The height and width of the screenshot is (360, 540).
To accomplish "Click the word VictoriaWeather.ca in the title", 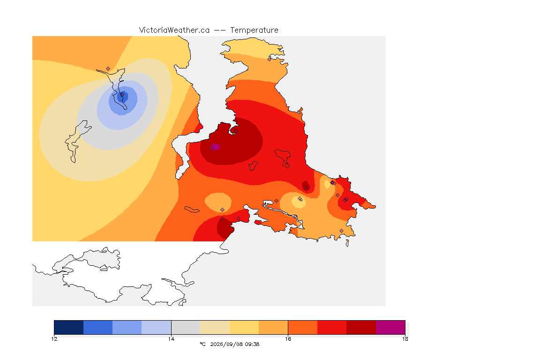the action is [x=174, y=30].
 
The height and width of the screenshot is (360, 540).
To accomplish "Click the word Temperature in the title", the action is [x=254, y=30].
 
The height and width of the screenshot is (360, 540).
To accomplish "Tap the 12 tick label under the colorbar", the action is [x=54, y=339].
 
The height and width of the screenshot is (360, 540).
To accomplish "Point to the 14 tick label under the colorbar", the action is [x=171, y=339].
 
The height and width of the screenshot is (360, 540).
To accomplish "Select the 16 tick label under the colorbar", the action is [x=288, y=339].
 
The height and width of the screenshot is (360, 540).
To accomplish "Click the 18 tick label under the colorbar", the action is [x=405, y=339].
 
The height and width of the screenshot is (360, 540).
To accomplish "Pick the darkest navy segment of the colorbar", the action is [x=69, y=327].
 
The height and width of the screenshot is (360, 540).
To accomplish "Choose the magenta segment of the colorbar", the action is [x=390, y=327].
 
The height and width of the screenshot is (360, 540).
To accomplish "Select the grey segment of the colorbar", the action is [x=186, y=327].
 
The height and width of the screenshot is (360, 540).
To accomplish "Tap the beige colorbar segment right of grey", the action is [x=215, y=327].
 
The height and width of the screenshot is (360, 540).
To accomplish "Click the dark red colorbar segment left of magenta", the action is [x=361, y=327].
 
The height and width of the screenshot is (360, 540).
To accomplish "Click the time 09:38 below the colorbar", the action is [x=253, y=344].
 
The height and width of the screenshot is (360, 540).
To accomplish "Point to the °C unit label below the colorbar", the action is [x=203, y=344].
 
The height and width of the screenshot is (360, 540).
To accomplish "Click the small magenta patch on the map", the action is [x=215, y=147].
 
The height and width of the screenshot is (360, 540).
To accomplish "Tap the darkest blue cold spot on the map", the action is [x=123, y=97].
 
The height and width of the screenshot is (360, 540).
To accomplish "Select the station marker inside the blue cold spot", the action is [x=122, y=95].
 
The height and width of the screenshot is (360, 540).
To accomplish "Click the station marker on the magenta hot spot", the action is [x=212, y=148].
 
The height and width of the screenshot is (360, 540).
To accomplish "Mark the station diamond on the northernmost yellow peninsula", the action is [x=270, y=59].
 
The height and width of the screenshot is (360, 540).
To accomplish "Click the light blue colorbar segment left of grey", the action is [x=157, y=327].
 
